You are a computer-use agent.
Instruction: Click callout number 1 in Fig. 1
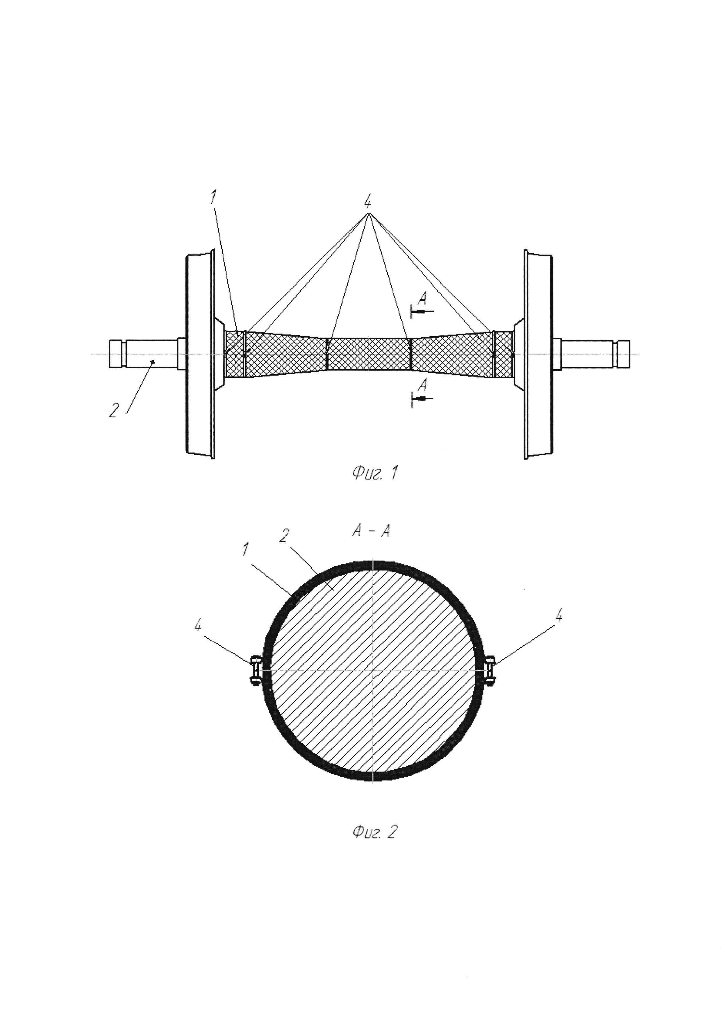pyautogui.click(x=214, y=197)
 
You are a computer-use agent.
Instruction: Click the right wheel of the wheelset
pyautogui.click(x=538, y=355)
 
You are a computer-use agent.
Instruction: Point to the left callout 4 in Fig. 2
pyautogui.click(x=198, y=626)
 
